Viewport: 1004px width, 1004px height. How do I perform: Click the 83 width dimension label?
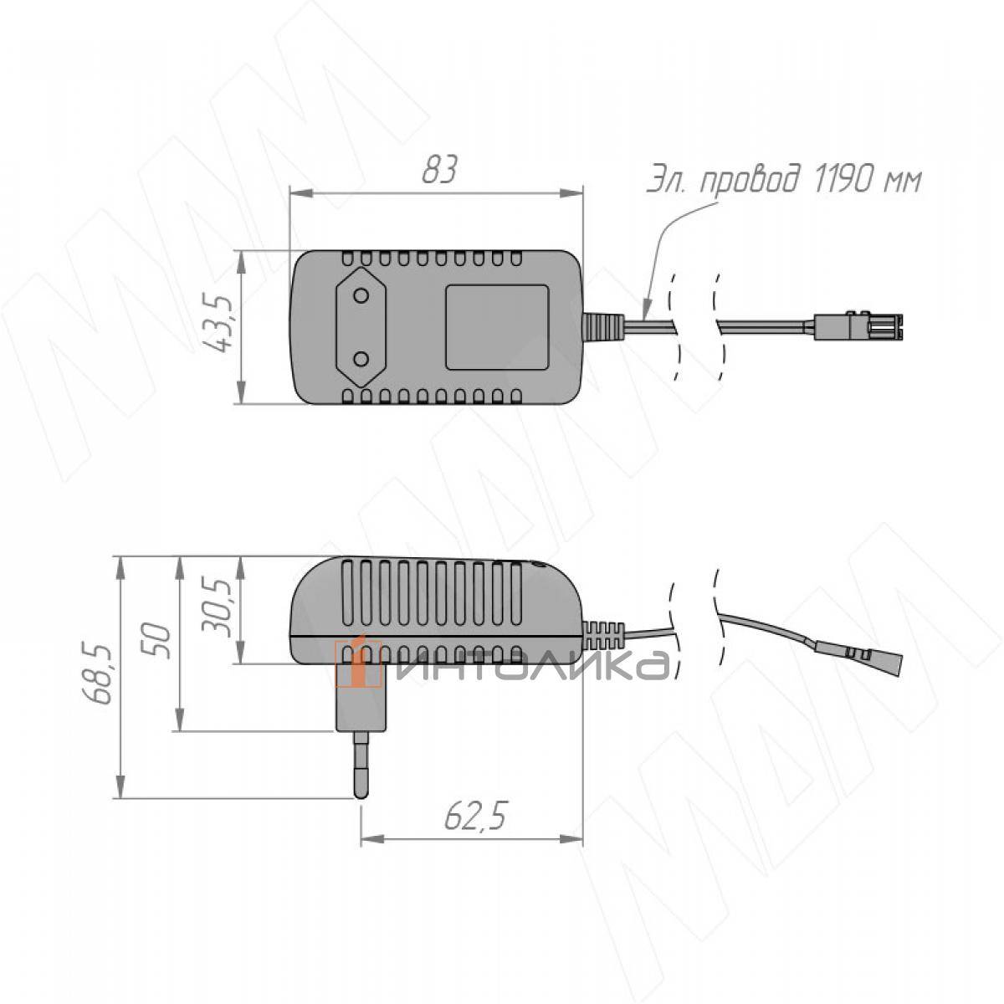[440, 168]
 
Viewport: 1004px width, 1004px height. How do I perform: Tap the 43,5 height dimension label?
[219, 323]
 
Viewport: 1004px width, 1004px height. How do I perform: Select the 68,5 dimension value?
[98, 676]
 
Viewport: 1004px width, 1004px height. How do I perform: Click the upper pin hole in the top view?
[361, 296]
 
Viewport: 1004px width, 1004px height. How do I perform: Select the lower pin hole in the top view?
[361, 358]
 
